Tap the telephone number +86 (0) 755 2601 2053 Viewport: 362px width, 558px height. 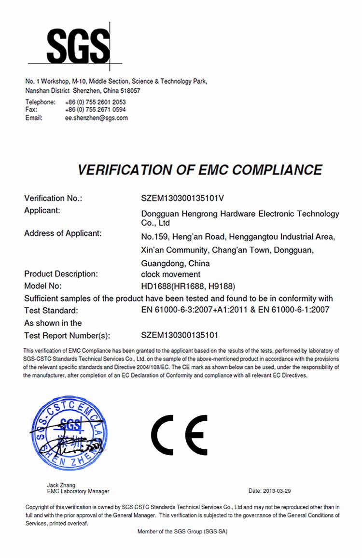coord(95,102)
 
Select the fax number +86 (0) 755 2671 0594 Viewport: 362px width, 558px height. coord(95,110)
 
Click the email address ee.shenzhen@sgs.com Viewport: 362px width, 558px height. coord(97,117)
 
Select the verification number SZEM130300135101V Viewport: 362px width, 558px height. coord(183,198)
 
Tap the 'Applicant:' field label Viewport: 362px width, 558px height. coord(42,210)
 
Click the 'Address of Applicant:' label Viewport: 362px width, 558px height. coord(63,233)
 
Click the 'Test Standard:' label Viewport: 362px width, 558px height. coord(51,310)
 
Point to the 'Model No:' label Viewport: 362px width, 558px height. coord(43,286)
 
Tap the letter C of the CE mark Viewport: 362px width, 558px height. coord(163,434)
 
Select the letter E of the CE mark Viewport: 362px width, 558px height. coord(196,434)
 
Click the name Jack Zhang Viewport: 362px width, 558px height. coord(61,485)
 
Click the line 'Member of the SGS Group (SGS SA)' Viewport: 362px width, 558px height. coord(182,531)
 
